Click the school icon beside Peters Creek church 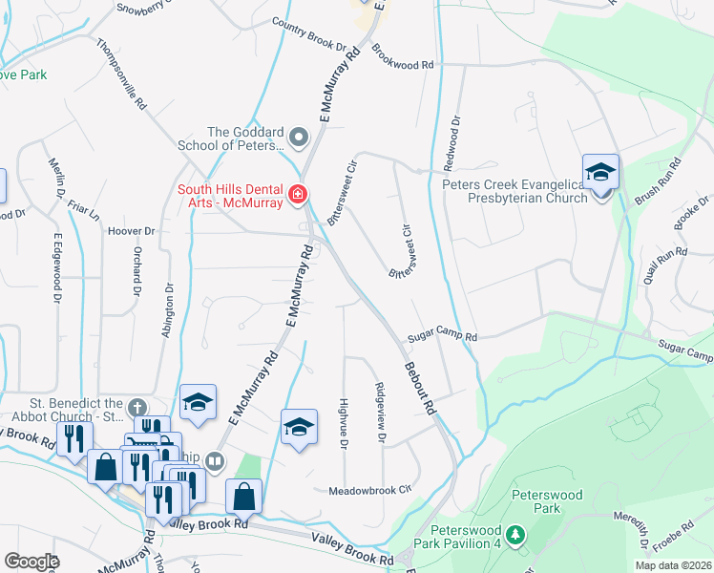click(x=600, y=173)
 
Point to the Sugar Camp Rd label click(x=441, y=336)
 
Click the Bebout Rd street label click(x=420, y=387)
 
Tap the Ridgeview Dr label click(x=381, y=412)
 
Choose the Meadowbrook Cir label click(x=369, y=489)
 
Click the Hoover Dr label click(x=131, y=231)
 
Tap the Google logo click(x=31, y=562)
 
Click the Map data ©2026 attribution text click(x=673, y=565)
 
